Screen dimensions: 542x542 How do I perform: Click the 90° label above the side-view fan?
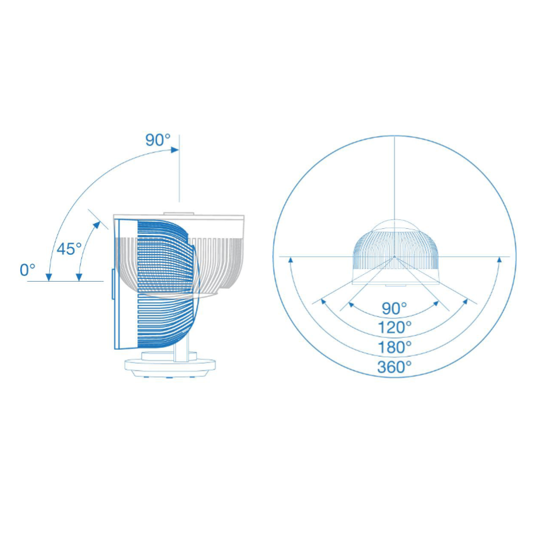(x=158, y=140)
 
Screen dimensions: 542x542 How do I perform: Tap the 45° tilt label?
(x=69, y=248)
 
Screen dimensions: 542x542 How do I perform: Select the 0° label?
(x=27, y=270)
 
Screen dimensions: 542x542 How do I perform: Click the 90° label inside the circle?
(x=395, y=308)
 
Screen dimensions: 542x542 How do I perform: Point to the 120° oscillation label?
(x=395, y=327)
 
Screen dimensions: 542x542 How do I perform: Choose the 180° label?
(x=395, y=347)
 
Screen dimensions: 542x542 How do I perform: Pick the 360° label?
(x=395, y=367)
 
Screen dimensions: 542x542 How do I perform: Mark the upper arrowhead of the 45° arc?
(x=100, y=222)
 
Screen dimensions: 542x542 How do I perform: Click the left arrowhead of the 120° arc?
(x=323, y=301)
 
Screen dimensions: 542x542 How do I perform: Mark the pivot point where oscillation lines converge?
(x=394, y=257)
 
